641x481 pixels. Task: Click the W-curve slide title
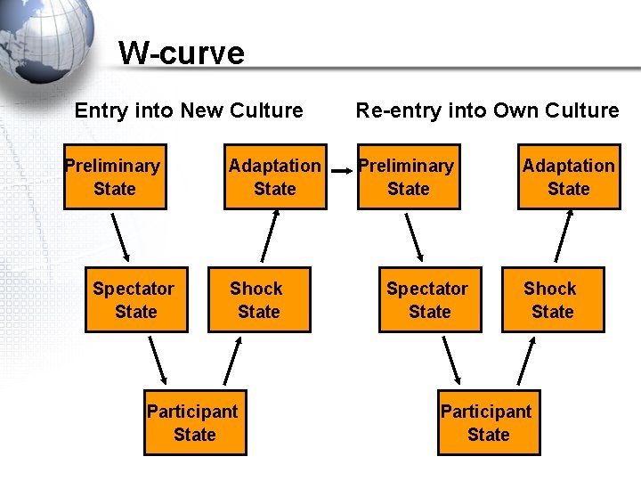click(181, 53)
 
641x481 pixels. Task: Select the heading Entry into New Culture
click(189, 110)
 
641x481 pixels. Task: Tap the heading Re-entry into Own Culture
click(487, 110)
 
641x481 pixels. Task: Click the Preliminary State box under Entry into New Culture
click(115, 177)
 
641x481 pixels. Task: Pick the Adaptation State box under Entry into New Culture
click(274, 177)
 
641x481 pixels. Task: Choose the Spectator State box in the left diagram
click(136, 300)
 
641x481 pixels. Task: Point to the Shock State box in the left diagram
click(259, 300)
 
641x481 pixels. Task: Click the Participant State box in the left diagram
click(195, 423)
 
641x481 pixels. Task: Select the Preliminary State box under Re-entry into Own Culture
click(409, 177)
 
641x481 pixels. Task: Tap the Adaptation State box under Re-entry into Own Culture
click(568, 177)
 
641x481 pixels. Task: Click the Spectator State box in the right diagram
click(430, 300)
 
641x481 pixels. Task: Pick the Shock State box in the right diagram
click(552, 300)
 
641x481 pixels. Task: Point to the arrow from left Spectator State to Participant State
click(158, 360)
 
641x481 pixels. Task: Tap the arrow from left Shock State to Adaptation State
click(270, 238)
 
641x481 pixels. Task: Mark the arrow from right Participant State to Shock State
click(525, 360)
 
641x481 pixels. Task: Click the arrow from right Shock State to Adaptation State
click(563, 238)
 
